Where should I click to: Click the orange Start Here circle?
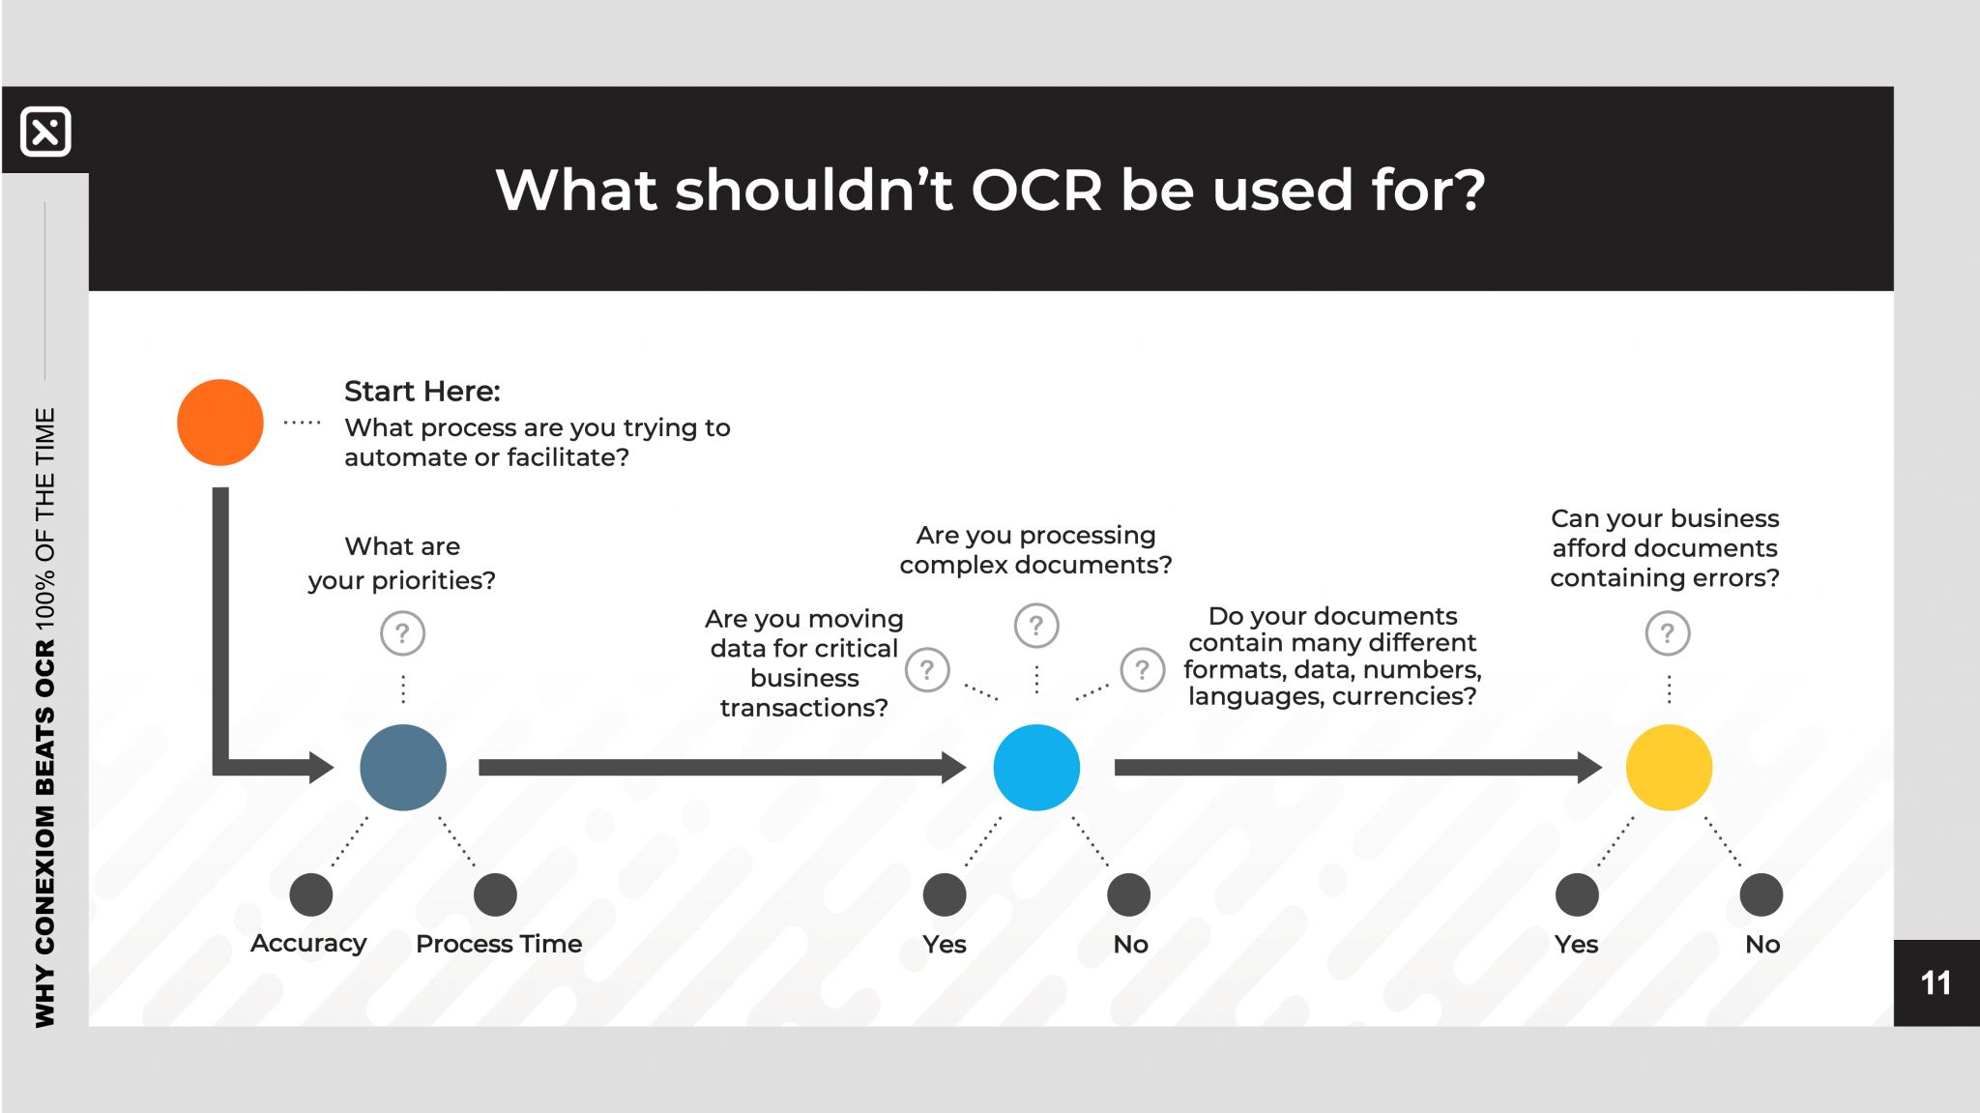220,423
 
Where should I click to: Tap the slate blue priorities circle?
403,768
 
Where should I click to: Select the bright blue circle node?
1036,768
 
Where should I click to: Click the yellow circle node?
1669,768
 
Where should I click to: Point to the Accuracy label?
308,944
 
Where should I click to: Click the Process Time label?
499,944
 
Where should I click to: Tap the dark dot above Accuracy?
311,894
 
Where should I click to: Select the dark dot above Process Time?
495,894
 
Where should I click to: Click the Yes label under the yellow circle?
1576,945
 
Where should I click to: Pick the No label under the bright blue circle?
1130,945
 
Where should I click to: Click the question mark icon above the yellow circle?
1668,633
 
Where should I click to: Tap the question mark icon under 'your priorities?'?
403,633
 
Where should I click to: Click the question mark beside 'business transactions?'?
927,669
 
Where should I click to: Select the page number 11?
1936,983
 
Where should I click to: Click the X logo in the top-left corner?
45,132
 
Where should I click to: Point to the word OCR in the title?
1036,190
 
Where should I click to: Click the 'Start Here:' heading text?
422,392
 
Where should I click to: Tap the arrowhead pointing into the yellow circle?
1589,768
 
